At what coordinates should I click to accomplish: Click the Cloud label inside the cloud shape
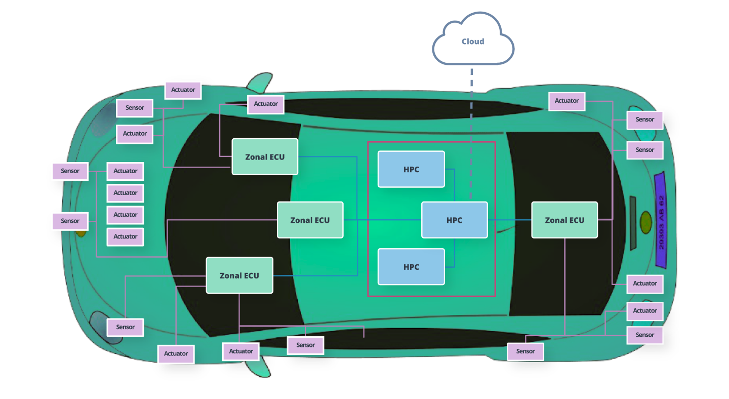(x=473, y=42)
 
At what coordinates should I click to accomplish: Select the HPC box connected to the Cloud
(x=454, y=220)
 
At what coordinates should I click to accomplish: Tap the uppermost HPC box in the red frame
(x=411, y=169)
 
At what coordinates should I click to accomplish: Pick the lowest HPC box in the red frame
(x=411, y=267)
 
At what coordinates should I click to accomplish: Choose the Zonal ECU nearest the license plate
(x=564, y=220)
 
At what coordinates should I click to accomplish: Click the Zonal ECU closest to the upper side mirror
(x=265, y=156)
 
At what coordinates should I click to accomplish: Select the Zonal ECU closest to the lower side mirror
(x=239, y=275)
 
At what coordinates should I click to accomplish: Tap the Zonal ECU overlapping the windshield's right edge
(x=310, y=220)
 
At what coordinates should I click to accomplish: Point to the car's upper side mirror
(x=260, y=83)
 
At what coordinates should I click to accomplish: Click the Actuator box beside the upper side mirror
(x=266, y=104)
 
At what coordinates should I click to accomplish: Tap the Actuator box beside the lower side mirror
(x=241, y=351)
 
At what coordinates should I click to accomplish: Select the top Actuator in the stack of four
(x=125, y=171)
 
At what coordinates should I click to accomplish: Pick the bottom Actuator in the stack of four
(x=125, y=236)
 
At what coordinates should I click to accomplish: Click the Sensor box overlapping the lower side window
(x=305, y=345)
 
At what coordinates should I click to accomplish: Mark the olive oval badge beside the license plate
(x=645, y=222)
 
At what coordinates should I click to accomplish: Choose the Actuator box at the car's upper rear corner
(x=566, y=101)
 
